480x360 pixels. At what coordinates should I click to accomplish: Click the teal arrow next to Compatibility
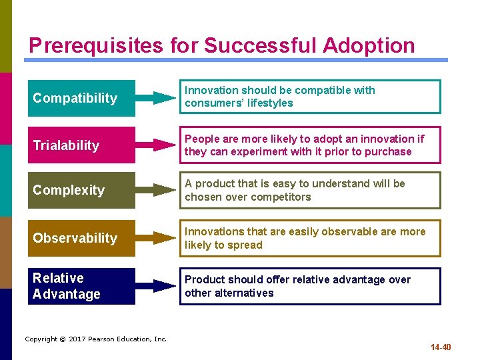pos(157,98)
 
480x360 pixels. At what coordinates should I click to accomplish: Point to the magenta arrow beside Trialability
pos(157,145)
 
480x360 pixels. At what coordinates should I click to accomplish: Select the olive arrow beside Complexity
pos(157,190)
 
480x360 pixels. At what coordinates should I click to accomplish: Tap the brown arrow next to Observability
pos(157,238)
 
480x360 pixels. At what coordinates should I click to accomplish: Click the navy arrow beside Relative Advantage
pos(157,286)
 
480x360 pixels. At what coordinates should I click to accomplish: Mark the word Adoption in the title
pos(368,45)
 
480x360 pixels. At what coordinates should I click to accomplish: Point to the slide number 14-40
pos(441,347)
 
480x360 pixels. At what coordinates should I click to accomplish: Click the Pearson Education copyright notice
pos(96,339)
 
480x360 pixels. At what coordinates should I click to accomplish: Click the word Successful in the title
pos(261,45)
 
